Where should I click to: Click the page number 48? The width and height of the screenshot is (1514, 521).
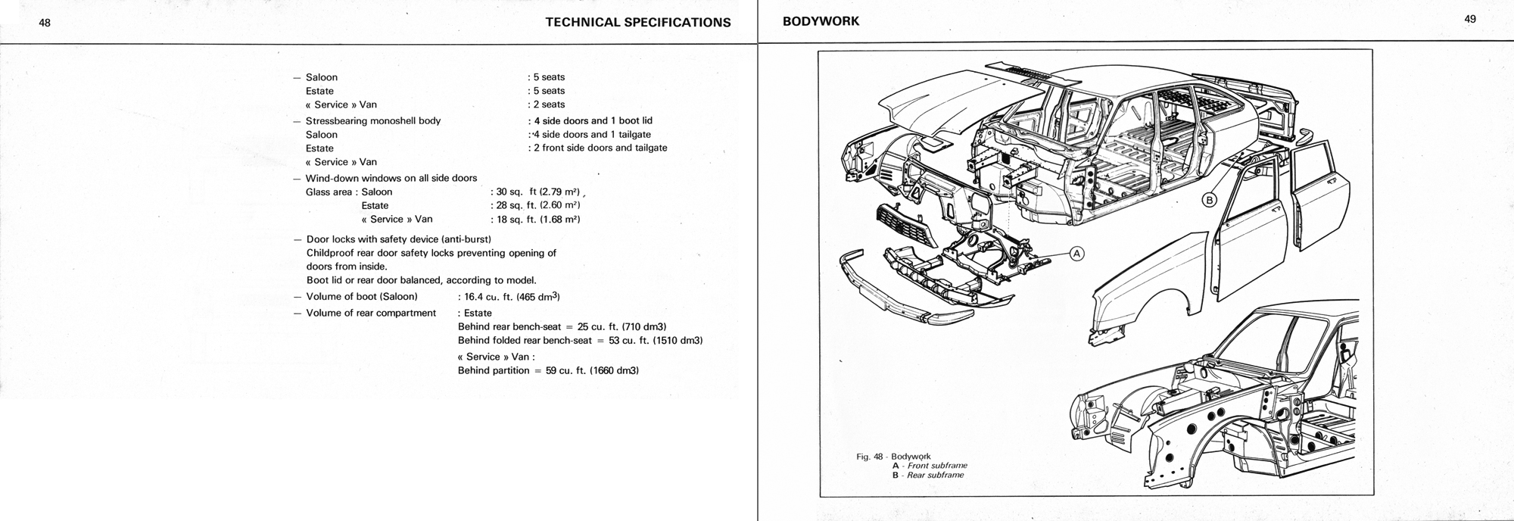45,23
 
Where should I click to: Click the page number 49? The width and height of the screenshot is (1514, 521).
1470,20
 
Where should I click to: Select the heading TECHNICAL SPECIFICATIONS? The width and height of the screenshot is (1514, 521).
637,22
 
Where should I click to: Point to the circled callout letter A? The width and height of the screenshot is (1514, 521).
1076,254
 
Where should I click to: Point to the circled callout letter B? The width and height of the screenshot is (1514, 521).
1209,200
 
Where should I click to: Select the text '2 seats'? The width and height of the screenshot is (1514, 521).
548,105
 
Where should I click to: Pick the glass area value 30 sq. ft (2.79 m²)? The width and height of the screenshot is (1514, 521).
537,192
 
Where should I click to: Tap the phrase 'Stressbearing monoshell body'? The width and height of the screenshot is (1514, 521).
372,120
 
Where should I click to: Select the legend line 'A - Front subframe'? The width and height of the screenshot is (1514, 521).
930,466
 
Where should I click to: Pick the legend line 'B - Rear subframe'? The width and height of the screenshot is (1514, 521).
927,475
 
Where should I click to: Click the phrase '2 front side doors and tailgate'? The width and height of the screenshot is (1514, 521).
599,148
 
